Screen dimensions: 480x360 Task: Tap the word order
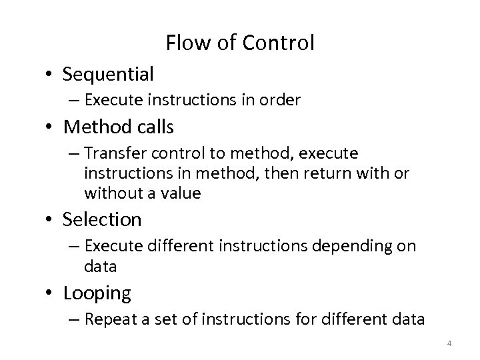coord(283,101)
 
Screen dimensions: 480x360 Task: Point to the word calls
coord(160,126)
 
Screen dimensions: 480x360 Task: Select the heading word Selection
coord(102,219)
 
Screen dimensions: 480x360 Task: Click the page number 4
coord(449,343)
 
